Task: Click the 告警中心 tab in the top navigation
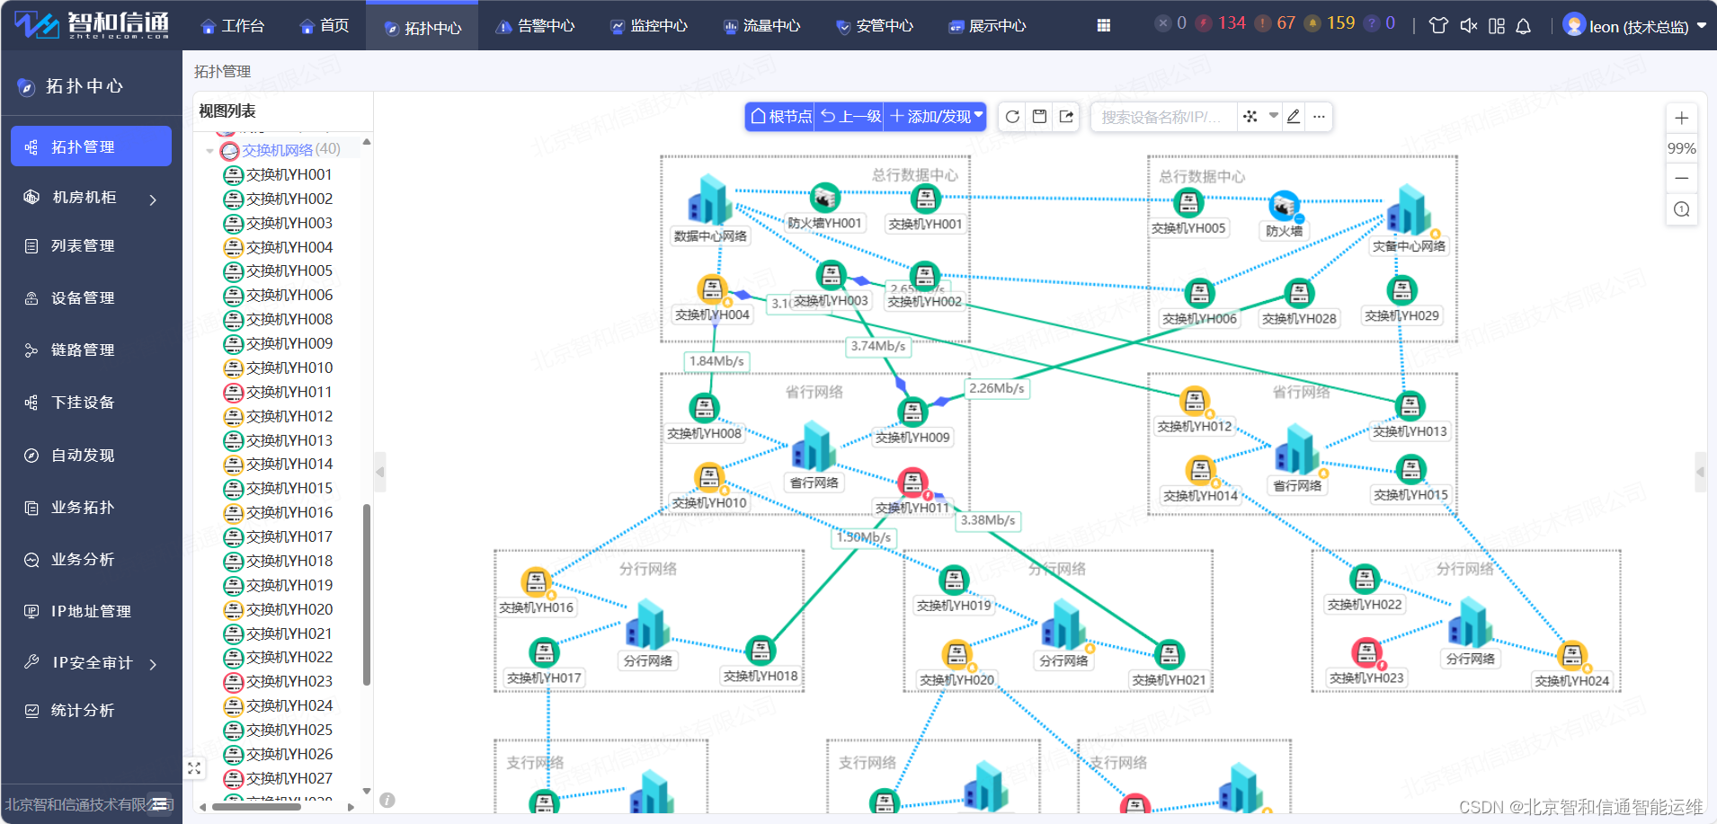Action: (536, 26)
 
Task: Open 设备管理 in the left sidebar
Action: (82, 298)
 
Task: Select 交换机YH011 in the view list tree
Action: (289, 392)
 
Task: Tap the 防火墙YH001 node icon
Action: (824, 198)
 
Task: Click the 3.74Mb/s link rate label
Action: (877, 346)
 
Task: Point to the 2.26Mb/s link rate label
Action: (996, 388)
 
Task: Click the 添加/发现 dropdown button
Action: (937, 117)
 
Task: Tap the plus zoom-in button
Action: (1681, 118)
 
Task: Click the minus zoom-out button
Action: (1681, 178)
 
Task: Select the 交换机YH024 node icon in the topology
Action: (1571, 656)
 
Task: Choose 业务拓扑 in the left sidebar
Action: (82, 508)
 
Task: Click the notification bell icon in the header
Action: (1523, 26)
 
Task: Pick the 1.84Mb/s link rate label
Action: (716, 361)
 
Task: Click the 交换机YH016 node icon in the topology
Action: (536, 582)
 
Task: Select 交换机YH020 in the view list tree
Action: (289, 609)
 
